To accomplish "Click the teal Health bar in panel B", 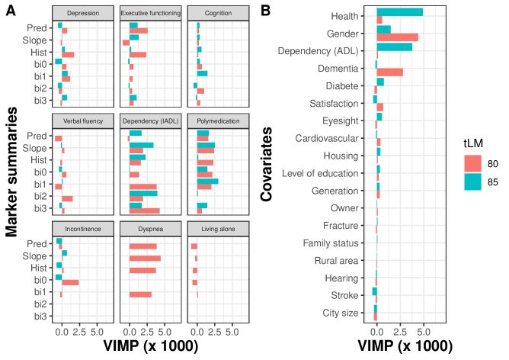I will (x=400, y=12).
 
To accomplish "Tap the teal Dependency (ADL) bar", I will (x=395, y=47).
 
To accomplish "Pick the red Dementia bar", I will (x=389, y=72).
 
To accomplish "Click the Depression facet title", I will (x=82, y=14).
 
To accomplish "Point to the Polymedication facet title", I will (x=218, y=121).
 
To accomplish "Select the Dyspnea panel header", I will (x=150, y=228).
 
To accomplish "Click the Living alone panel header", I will (x=218, y=228).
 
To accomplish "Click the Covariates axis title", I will (x=267, y=166).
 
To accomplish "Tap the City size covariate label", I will (x=340, y=313).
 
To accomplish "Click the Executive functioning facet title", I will (x=150, y=14).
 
